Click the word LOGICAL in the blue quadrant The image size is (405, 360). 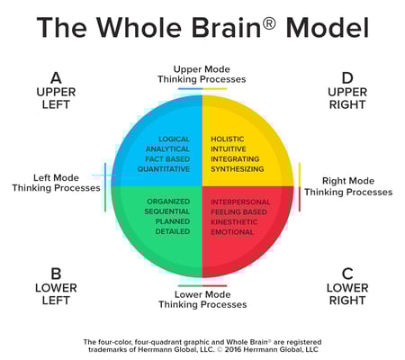click(175, 139)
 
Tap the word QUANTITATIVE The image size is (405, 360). click(164, 169)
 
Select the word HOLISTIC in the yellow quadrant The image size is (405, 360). click(228, 139)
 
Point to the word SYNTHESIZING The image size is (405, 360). click(238, 169)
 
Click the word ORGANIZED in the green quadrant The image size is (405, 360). click(168, 202)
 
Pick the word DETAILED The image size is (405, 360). click(173, 231)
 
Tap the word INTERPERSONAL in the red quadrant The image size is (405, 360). click(240, 202)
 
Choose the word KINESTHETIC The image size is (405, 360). click(234, 222)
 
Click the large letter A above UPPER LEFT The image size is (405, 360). click(56, 78)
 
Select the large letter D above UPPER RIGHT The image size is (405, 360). click(347, 78)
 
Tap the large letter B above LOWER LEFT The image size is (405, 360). click(56, 274)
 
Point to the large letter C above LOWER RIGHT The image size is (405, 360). click(347, 274)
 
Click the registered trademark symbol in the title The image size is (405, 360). click(269, 23)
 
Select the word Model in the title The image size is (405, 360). click(328, 28)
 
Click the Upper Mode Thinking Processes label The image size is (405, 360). click(202, 74)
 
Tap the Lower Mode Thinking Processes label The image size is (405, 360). click(202, 300)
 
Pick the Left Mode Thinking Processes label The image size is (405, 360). click(56, 183)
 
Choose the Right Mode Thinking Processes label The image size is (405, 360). click(348, 186)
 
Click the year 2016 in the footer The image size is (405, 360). click(233, 349)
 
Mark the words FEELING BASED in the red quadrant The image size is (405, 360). click(238, 212)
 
